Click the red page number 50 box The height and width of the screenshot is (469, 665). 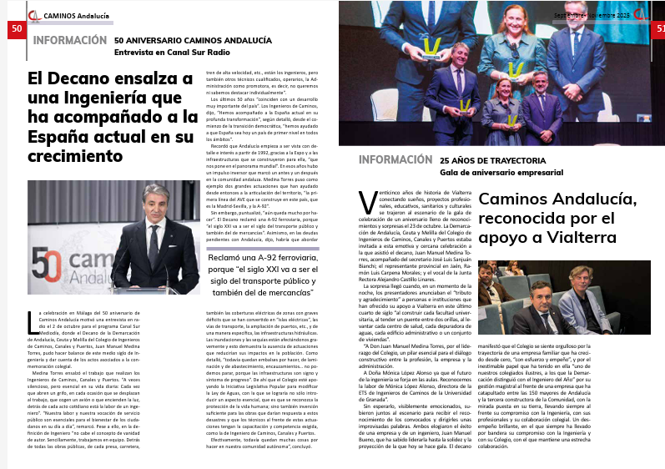(17, 29)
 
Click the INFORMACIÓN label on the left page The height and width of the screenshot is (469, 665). (70, 40)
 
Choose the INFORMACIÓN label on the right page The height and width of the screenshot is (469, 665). (395, 159)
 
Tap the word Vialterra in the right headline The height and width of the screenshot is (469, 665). (595, 238)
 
